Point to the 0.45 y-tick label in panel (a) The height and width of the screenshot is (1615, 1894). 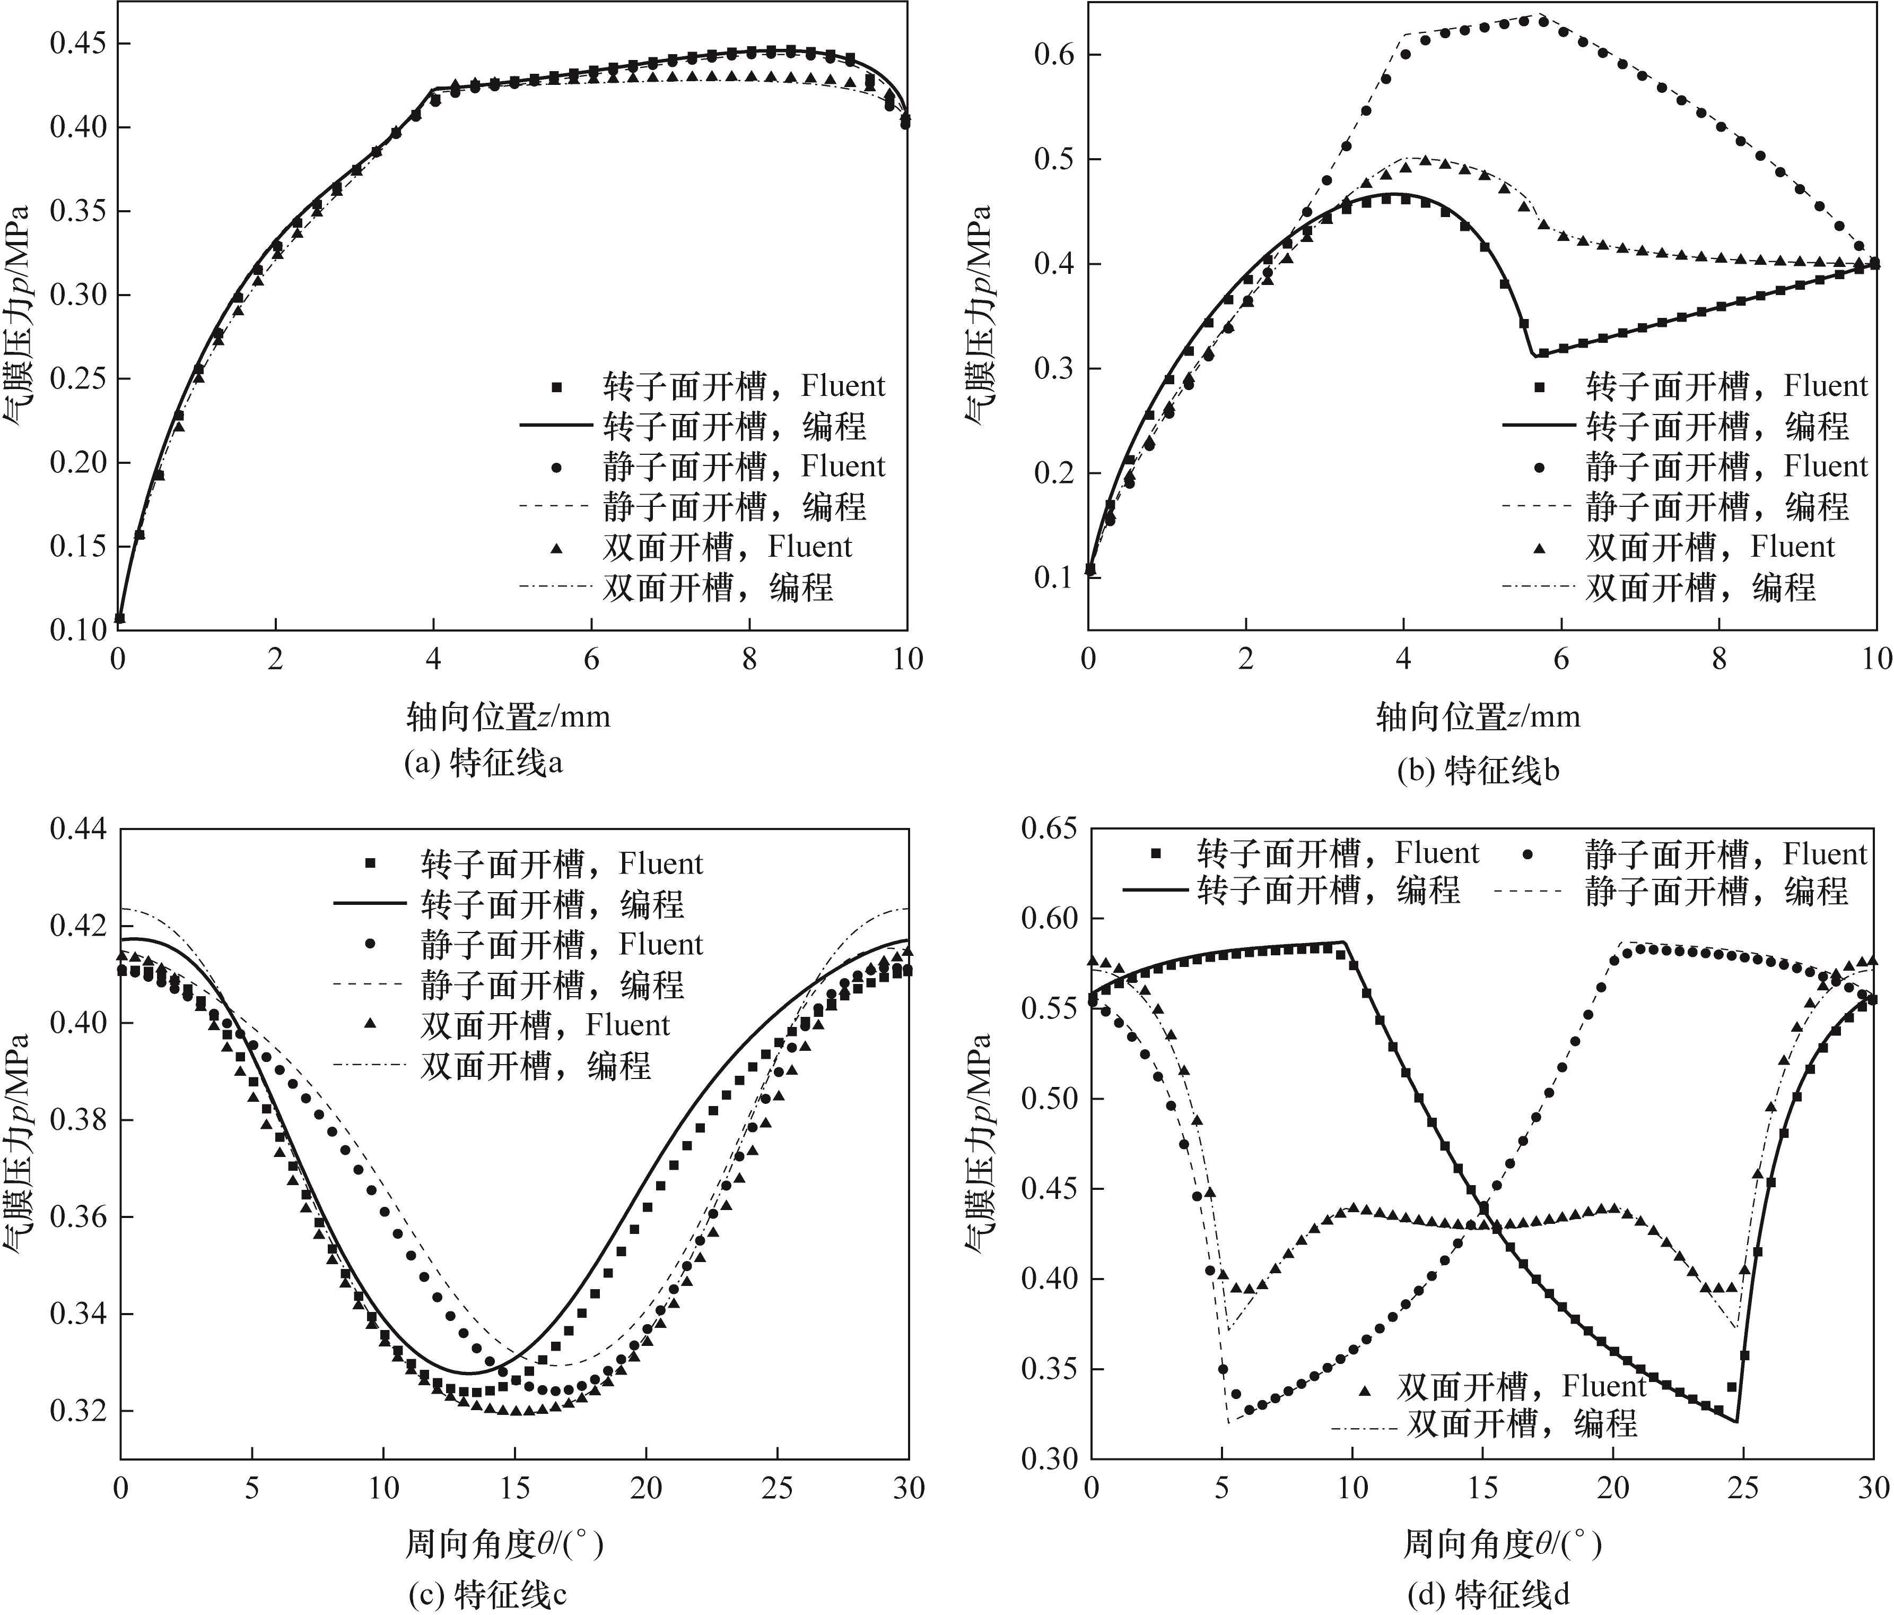pyautogui.click(x=77, y=43)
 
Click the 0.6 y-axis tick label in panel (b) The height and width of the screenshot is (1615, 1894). pyautogui.click(x=1053, y=55)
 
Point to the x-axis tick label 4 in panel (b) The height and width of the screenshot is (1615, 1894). pyautogui.click(x=1403, y=659)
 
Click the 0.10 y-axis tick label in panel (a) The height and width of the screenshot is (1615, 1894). pyautogui.click(x=77, y=630)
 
